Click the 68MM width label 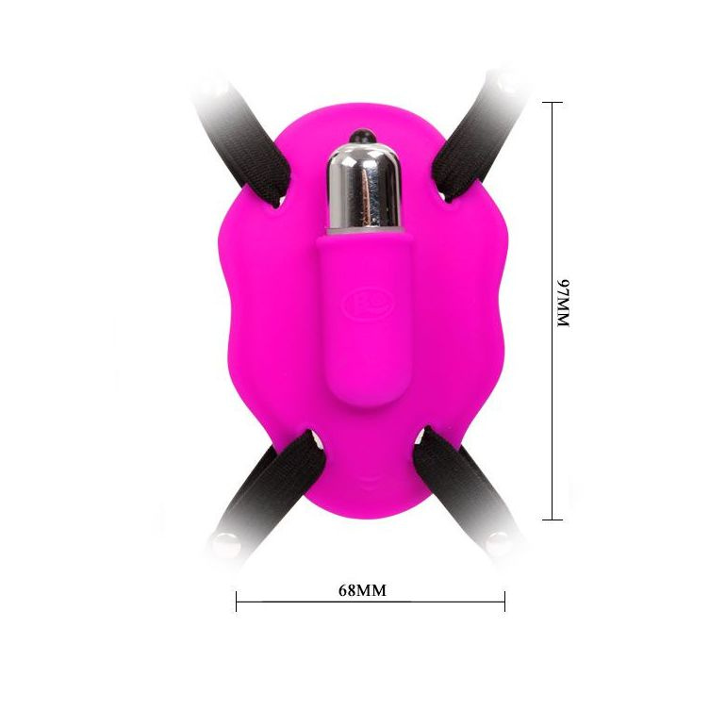[362, 590]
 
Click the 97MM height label [563, 304]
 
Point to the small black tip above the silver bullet [363, 136]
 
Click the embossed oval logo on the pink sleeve [367, 304]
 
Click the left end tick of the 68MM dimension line [236, 602]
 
